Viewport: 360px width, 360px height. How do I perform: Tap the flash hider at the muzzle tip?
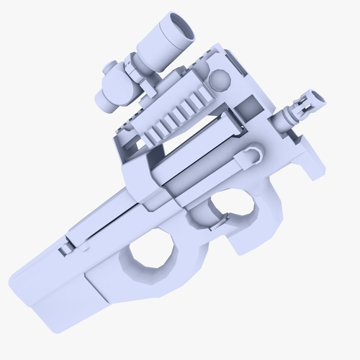point(309,102)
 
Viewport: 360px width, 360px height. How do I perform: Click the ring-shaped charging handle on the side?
point(253,153)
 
